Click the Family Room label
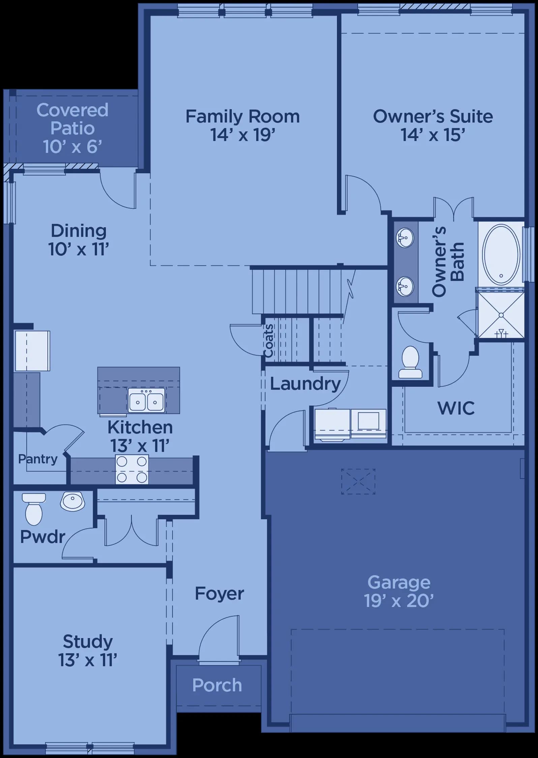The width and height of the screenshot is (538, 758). coord(243,117)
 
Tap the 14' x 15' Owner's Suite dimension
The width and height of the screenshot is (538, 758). coord(433,135)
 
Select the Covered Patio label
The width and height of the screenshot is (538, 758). coord(72,119)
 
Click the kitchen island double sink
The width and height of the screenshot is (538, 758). coord(147,400)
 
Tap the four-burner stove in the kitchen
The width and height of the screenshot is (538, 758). coord(132,470)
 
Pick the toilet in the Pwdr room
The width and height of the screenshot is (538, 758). coord(34,509)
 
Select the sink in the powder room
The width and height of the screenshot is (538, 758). coord(72,501)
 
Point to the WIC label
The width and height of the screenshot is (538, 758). coord(456,408)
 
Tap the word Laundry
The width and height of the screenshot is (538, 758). coord(305,384)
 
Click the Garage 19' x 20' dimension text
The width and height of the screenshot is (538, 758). coord(399,601)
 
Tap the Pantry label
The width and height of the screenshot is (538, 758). coord(38,459)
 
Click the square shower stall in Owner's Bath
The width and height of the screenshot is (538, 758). coord(501,315)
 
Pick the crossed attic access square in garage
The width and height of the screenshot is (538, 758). coord(358,481)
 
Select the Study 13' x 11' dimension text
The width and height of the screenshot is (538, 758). coord(88,660)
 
